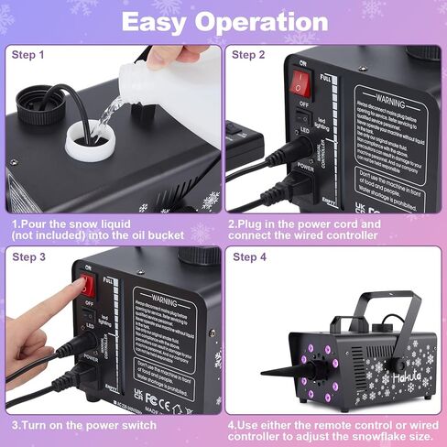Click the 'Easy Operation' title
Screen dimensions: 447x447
pyautogui.click(x=224, y=21)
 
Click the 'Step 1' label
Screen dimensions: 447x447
pyautogui.click(x=27, y=55)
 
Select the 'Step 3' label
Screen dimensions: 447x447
pyautogui.click(x=27, y=258)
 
